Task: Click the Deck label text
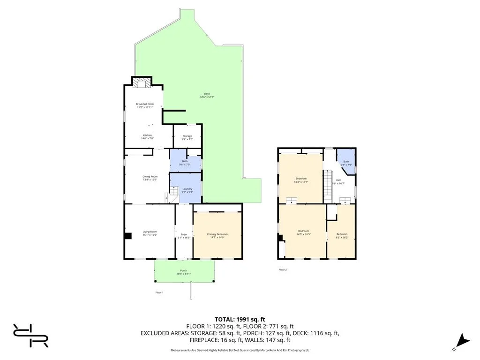(x=207, y=95)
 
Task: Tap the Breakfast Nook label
(x=145, y=105)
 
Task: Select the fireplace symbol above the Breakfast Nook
(x=142, y=83)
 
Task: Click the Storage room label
(x=187, y=137)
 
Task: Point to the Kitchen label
(x=148, y=136)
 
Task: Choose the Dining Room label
(x=150, y=178)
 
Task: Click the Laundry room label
(x=187, y=190)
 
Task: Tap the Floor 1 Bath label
(x=185, y=163)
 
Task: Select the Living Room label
(x=150, y=233)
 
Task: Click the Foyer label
(x=184, y=236)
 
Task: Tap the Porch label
(x=184, y=272)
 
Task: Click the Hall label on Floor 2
(x=338, y=181)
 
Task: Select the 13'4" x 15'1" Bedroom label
(x=301, y=180)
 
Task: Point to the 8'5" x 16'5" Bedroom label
(x=342, y=236)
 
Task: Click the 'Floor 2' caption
(x=282, y=270)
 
